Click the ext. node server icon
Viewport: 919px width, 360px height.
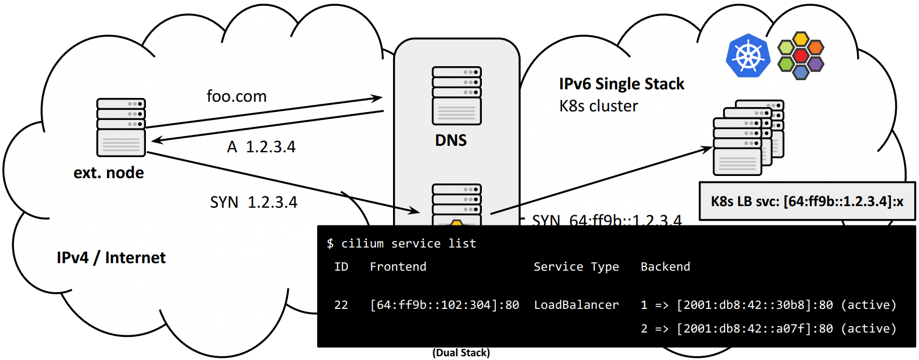(121, 127)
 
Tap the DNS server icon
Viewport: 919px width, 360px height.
(457, 96)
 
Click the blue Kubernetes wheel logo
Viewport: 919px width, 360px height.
(748, 55)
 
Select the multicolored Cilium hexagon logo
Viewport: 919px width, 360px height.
(801, 55)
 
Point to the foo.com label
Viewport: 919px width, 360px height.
(236, 96)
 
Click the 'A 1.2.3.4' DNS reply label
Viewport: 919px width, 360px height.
(262, 147)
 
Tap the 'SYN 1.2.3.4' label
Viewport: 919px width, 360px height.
(254, 202)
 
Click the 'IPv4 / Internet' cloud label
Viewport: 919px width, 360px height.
(111, 258)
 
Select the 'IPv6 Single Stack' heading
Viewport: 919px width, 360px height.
(621, 84)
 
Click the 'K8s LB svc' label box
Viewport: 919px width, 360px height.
(806, 201)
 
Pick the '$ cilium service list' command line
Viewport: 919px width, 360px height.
(401, 244)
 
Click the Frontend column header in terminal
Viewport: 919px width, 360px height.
(398, 267)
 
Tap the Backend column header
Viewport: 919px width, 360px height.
(665, 267)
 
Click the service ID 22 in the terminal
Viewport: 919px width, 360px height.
(341, 305)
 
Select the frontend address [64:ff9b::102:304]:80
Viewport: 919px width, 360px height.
(444, 305)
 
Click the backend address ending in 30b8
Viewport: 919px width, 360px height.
(755, 305)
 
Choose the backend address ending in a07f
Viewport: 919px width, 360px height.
(755, 329)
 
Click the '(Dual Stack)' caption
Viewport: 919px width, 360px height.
(461, 353)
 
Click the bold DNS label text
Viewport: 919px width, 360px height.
(451, 140)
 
